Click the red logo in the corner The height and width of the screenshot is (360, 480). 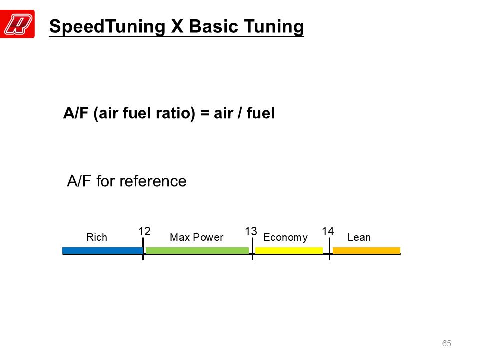(17, 24)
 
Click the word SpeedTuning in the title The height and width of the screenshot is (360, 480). (107, 27)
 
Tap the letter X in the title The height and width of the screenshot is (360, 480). (177, 26)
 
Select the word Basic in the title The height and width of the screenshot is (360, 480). (213, 26)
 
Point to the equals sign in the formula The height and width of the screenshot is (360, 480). (204, 113)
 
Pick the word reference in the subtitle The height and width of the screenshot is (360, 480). (153, 181)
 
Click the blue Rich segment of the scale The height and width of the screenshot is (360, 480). (102, 250)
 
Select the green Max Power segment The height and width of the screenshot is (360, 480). (197, 250)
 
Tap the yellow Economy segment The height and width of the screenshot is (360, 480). (289, 250)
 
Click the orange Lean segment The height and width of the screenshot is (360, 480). (366, 250)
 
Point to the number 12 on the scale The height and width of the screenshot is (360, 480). (145, 231)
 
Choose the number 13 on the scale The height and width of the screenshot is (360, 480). (251, 231)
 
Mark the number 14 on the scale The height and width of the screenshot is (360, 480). (328, 231)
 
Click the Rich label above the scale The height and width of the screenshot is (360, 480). (97, 237)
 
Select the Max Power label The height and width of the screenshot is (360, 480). (197, 237)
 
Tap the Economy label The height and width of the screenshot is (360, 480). (285, 238)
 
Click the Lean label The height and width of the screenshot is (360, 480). (359, 237)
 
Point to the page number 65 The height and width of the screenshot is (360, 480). (447, 343)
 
